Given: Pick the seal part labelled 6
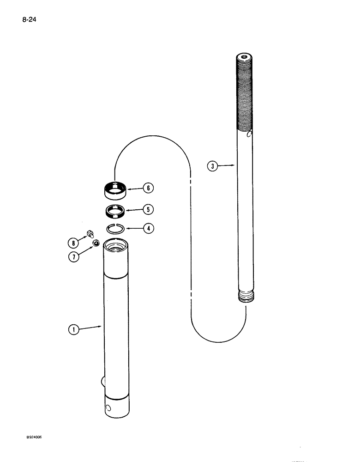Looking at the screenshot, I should click(114, 189).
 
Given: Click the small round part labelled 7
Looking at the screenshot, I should click(96, 243).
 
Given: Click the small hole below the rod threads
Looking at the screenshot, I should click(250, 134).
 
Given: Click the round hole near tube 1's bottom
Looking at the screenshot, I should click(108, 408).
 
